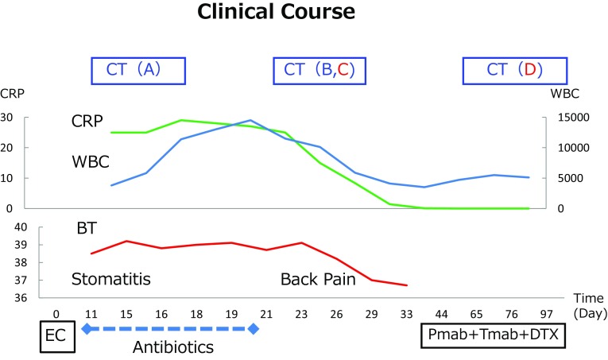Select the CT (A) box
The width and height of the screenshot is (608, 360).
tap(138, 70)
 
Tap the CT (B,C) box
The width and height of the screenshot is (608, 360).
tap(319, 70)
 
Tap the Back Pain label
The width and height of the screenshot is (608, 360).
tap(316, 280)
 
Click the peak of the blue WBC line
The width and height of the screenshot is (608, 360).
tap(250, 120)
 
